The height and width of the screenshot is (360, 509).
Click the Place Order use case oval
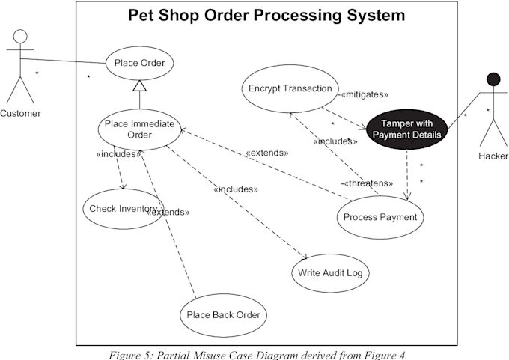point(139,63)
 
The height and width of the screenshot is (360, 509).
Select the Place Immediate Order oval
point(139,129)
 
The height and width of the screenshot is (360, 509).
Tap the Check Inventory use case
point(123,208)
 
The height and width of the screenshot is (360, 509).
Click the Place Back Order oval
point(224,314)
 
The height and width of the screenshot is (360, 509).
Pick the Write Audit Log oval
point(330,272)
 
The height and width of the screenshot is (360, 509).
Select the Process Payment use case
point(381,217)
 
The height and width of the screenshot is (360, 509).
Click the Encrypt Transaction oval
point(289,88)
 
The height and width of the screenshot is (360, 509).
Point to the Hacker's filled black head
point(493,79)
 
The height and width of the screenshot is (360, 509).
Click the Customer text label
point(20,113)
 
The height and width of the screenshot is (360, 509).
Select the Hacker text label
point(493,156)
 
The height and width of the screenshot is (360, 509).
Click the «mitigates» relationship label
point(365,95)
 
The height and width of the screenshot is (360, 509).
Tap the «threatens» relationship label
point(368,183)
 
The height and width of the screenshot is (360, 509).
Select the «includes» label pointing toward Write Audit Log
point(236,189)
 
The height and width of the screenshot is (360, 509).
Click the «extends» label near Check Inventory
point(169,212)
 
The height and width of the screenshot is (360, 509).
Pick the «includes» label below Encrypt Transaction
point(335,141)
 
